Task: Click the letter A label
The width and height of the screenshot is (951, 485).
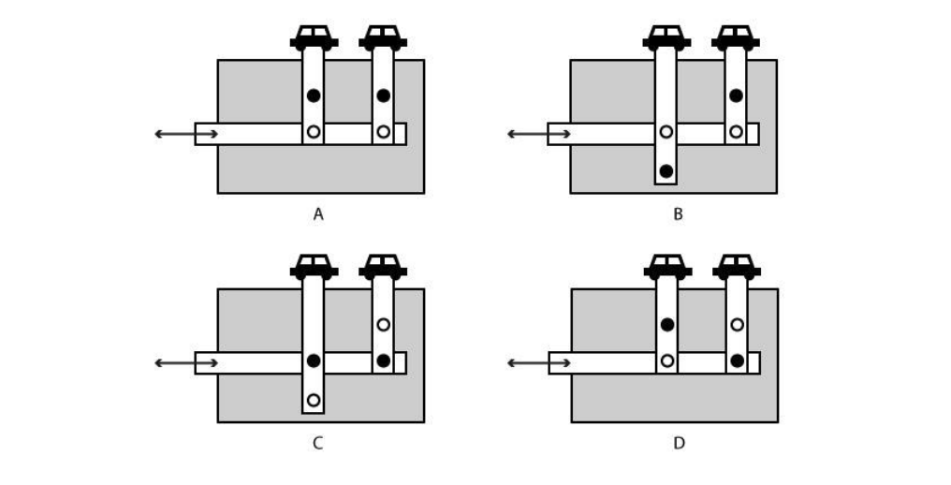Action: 318,214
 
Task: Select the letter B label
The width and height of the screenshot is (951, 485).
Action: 678,214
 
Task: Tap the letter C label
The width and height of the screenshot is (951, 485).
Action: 318,443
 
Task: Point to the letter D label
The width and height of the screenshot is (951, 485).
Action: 679,443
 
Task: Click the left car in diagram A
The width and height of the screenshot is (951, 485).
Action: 314,37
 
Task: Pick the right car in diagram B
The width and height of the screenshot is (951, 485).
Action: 736,37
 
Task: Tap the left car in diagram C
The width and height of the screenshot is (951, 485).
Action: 314,267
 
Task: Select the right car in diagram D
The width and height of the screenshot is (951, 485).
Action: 737,267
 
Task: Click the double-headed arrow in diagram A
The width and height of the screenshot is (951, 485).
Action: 186,134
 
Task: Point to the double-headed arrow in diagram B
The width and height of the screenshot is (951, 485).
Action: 539,134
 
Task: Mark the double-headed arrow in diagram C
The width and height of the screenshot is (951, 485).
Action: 186,363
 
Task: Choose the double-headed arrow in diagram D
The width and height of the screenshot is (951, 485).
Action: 540,363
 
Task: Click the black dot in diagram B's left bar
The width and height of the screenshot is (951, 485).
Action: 666,170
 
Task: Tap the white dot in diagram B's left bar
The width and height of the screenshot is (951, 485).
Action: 666,132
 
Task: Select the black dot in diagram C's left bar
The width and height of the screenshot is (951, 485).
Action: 314,360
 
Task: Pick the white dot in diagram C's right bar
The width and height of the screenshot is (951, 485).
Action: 383,325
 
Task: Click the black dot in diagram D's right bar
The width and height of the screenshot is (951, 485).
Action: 737,360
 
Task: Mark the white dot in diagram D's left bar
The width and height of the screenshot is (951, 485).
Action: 666,360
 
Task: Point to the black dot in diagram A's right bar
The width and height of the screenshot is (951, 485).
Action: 383,96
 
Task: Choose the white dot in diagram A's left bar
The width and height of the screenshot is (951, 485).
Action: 314,132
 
